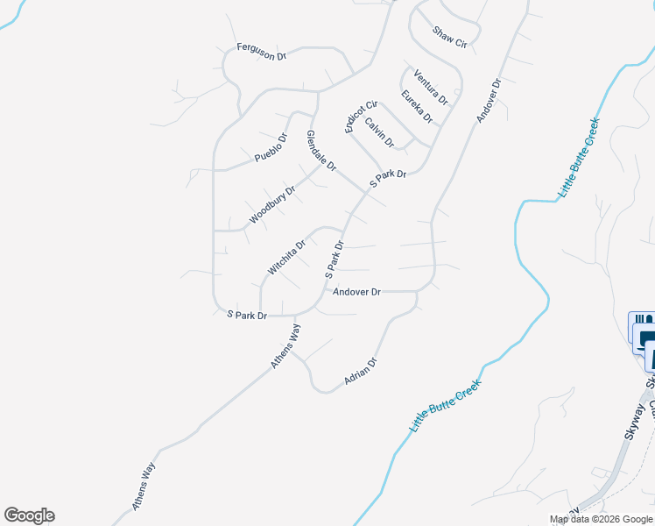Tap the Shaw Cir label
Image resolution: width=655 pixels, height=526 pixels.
(x=450, y=38)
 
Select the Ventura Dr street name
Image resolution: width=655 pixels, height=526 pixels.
(x=430, y=86)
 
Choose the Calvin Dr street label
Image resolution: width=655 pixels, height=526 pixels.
(x=380, y=132)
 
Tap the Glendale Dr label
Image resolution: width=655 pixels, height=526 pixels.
(x=321, y=150)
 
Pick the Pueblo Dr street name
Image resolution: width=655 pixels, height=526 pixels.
(x=271, y=147)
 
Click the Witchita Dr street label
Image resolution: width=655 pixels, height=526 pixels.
(x=286, y=258)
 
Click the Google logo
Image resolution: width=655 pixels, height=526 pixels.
(x=29, y=515)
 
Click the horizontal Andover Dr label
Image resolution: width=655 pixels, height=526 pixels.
(x=356, y=292)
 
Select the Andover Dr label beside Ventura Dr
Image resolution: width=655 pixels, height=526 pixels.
(x=488, y=101)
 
